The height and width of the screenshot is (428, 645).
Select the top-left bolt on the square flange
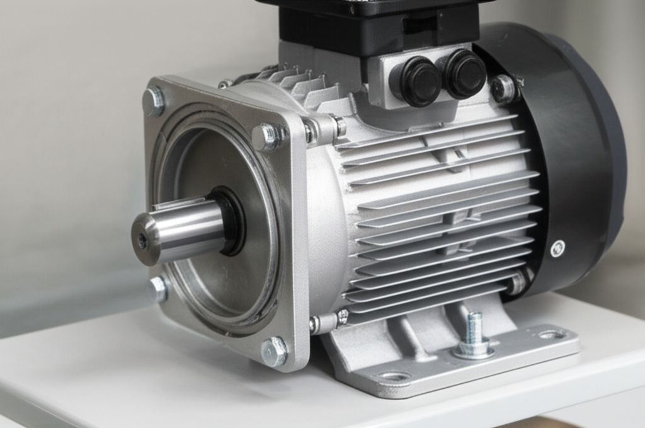[154, 101]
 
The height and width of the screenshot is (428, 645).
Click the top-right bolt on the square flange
[268, 136]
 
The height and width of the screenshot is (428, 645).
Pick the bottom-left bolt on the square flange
[157, 289]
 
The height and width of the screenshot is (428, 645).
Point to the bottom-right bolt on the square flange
[274, 350]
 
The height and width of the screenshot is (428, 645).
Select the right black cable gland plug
[464, 73]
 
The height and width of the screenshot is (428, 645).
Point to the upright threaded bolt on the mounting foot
[474, 334]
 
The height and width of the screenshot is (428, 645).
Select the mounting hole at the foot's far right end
[552, 334]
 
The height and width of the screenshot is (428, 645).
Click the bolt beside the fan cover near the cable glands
[504, 89]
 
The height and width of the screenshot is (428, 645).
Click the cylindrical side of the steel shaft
[189, 227]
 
